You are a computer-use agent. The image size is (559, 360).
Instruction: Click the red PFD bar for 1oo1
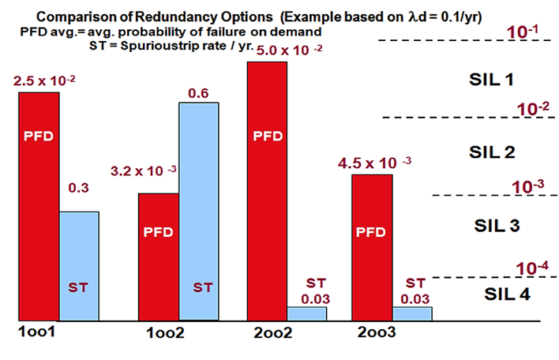pyautogui.click(x=39, y=205)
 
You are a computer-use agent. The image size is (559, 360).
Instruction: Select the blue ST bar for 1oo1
pyautogui.click(x=79, y=265)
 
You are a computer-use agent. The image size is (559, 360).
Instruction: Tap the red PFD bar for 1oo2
pyautogui.click(x=159, y=257)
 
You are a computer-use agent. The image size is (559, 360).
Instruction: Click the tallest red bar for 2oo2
pyautogui.click(x=268, y=190)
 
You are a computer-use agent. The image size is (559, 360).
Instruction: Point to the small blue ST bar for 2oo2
pyautogui.click(x=307, y=313)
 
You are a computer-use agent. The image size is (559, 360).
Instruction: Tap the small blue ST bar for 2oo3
pyautogui.click(x=412, y=313)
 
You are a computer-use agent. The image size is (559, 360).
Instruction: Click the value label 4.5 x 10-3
pyautogui.click(x=374, y=163)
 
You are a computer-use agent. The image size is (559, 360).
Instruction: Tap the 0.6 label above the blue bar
pyautogui.click(x=198, y=93)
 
